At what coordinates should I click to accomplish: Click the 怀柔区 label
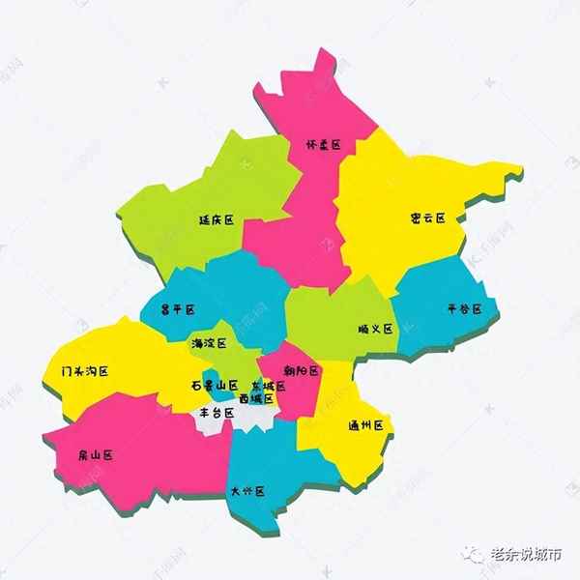pyautogui.click(x=324, y=145)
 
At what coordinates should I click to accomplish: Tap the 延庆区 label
pyautogui.click(x=217, y=219)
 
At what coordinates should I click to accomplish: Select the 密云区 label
pyautogui.click(x=427, y=218)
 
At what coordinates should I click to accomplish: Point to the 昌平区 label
pyautogui.click(x=177, y=309)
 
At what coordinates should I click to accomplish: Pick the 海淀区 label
pyautogui.click(x=209, y=343)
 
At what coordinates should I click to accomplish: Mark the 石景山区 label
pyautogui.click(x=214, y=384)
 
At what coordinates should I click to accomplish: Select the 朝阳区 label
pyautogui.click(x=302, y=370)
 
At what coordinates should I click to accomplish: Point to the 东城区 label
pyautogui.click(x=268, y=386)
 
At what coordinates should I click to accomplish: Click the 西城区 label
pyautogui.click(x=255, y=398)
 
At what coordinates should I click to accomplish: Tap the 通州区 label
pyautogui.click(x=366, y=425)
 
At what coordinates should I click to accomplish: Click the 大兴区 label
pyautogui.click(x=247, y=491)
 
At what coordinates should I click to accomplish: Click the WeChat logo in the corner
pyautogui.click(x=474, y=554)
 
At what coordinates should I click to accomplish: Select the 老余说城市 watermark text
pyautogui.click(x=526, y=555)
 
